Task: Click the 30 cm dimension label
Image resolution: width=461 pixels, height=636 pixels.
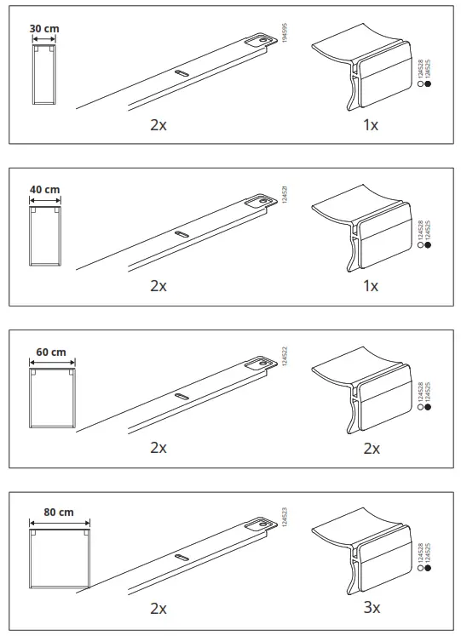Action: point(45,28)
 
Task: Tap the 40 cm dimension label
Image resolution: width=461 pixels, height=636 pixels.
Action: point(45,189)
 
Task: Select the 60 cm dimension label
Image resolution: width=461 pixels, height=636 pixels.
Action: point(51,351)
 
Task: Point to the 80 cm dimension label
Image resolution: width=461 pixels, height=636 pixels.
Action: point(59,513)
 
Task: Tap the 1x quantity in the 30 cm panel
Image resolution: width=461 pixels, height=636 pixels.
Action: point(370,124)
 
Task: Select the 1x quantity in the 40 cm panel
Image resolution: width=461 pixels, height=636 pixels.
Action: point(370,285)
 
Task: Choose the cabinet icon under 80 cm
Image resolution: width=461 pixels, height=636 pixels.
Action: point(59,559)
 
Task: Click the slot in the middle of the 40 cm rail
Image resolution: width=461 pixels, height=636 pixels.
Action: point(182,232)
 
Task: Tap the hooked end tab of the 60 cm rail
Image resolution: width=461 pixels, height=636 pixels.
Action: point(256,364)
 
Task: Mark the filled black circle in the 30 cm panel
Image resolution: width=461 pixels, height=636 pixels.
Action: point(428,84)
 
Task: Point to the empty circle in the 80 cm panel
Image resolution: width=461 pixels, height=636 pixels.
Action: point(420,567)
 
